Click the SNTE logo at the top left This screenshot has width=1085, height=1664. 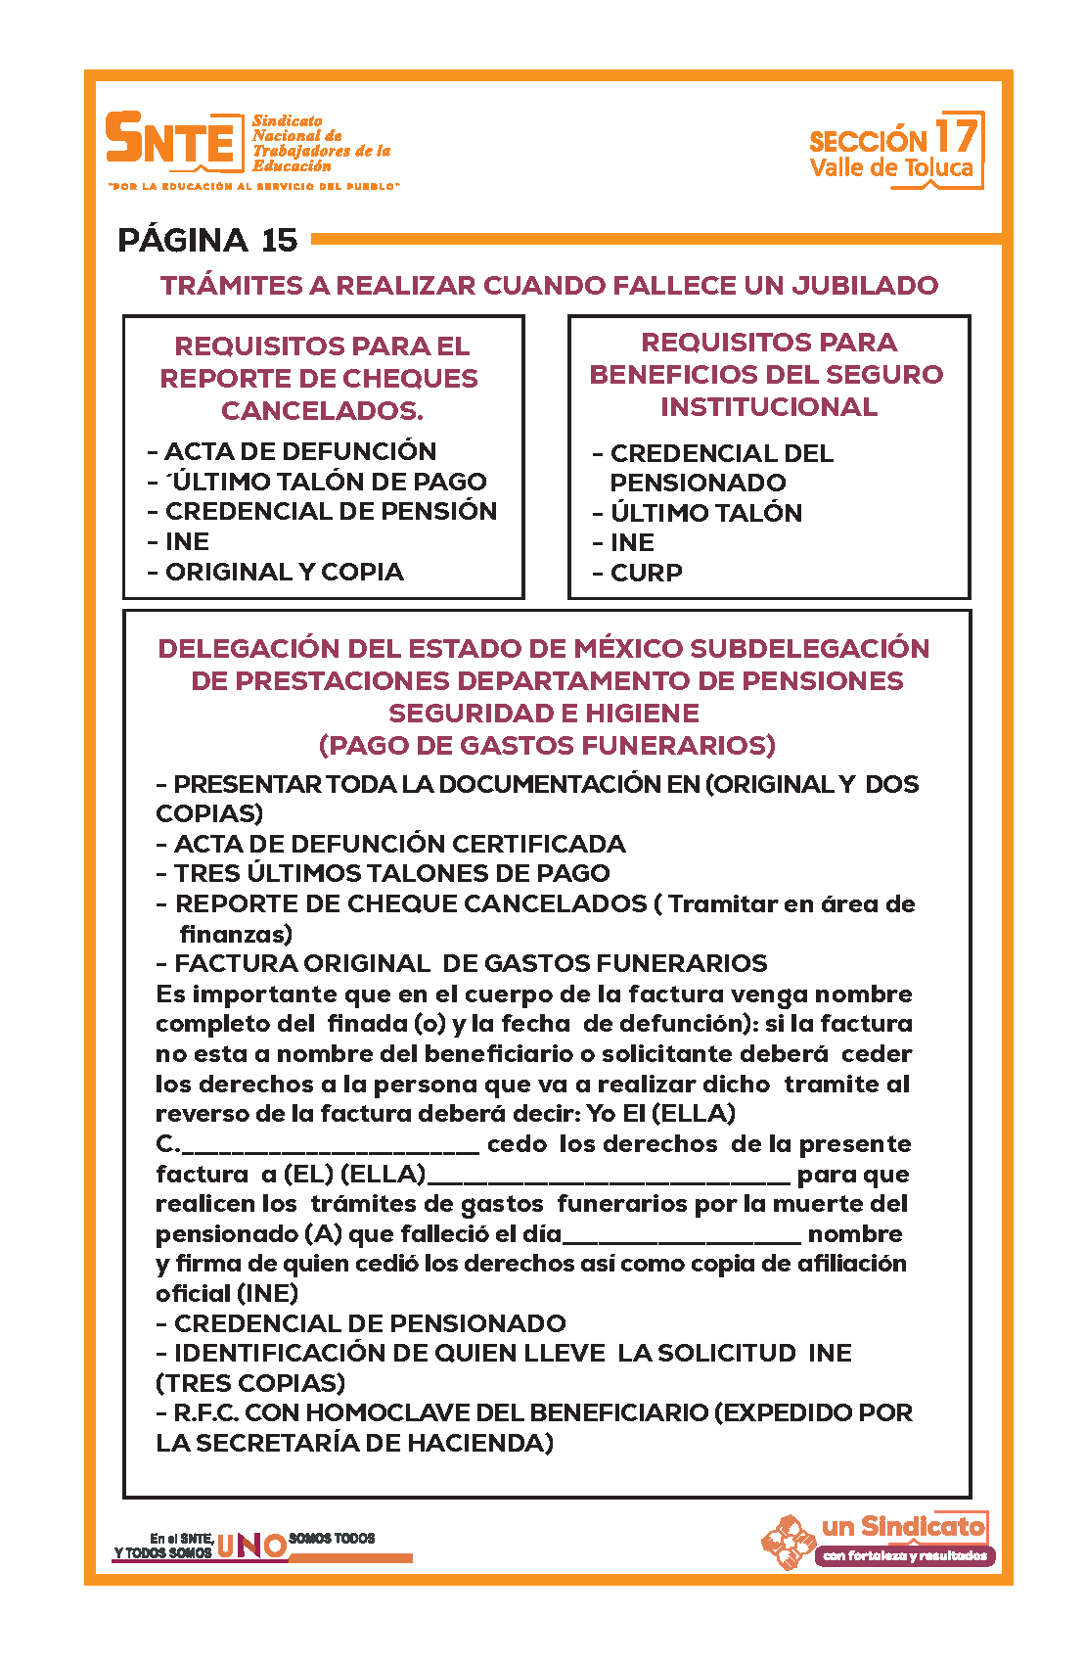[x=174, y=138]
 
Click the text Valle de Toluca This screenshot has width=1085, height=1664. [x=891, y=168]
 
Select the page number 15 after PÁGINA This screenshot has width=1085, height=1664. [x=279, y=240]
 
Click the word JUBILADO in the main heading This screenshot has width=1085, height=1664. [x=865, y=286]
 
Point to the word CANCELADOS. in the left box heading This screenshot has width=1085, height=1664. [x=322, y=410]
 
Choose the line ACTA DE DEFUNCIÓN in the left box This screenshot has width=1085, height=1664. [x=299, y=451]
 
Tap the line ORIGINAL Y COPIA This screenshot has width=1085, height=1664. [x=284, y=572]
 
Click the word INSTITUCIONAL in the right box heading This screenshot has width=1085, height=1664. [x=769, y=406]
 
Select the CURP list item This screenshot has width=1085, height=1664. [x=646, y=573]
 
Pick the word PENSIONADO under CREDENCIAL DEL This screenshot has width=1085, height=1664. [x=698, y=483]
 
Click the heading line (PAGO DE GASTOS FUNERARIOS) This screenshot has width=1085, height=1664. [x=547, y=745]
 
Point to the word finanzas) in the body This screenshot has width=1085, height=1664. [x=236, y=934]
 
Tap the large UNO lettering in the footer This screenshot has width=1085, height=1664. [x=251, y=1546]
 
